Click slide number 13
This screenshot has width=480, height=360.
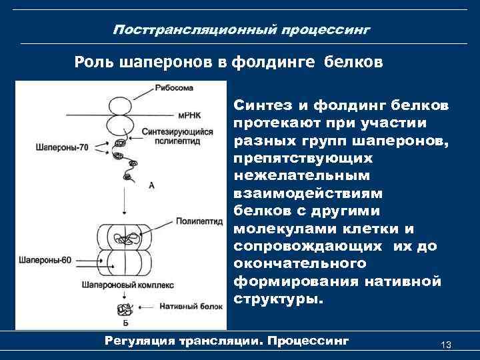pyautogui.click(x=446, y=345)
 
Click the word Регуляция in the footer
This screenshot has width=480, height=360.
pyautogui.click(x=139, y=341)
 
